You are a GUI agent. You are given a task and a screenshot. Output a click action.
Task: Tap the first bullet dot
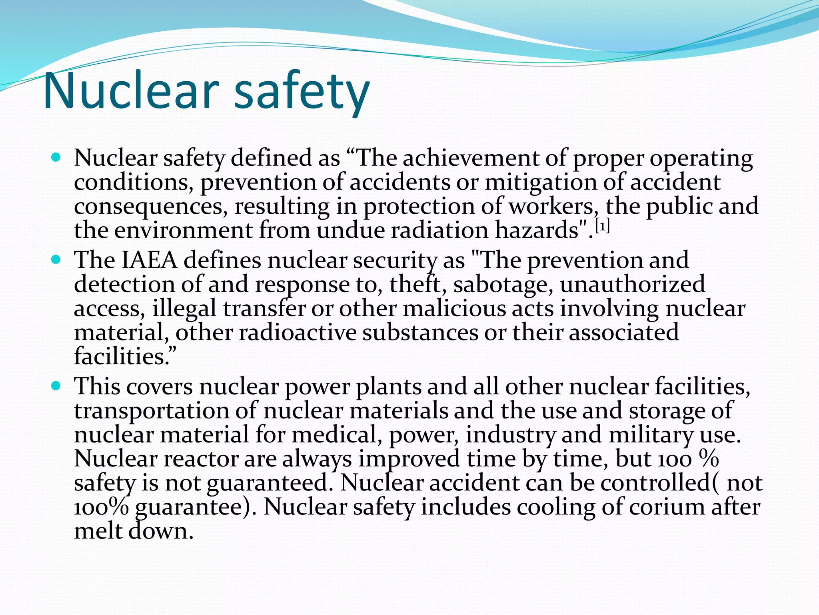tap(56, 157)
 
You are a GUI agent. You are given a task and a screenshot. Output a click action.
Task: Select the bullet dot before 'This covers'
tap(56, 386)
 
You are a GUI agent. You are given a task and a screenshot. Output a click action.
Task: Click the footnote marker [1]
tap(602, 227)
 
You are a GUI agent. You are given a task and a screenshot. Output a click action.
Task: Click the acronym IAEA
tap(149, 260)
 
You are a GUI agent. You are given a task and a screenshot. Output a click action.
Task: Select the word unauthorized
tap(632, 284)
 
